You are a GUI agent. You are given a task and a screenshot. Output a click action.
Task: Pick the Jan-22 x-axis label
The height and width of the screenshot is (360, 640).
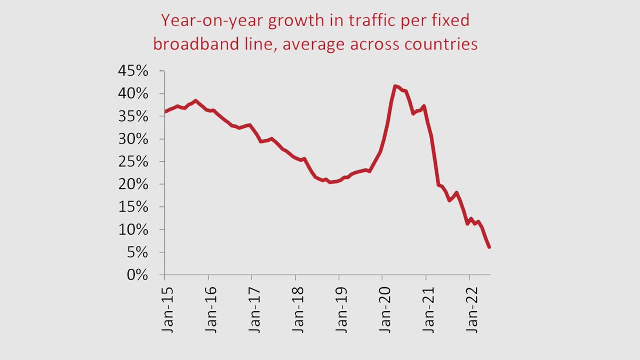[473, 310]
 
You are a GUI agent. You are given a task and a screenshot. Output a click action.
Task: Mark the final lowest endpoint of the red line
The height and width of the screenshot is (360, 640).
[489, 247]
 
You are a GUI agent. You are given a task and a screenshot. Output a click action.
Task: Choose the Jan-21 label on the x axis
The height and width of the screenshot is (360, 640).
[430, 310]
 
